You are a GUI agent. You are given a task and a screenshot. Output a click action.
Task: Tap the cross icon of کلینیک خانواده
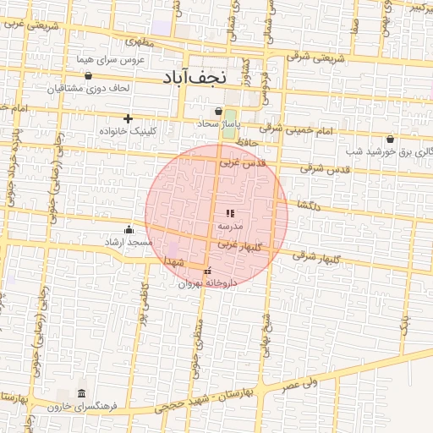(x=129, y=118)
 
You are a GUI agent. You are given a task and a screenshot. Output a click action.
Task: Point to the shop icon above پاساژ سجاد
(x=219, y=111)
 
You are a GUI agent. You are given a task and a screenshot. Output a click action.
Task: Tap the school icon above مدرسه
(x=230, y=214)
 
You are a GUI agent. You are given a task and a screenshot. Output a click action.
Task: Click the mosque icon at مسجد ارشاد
(x=129, y=229)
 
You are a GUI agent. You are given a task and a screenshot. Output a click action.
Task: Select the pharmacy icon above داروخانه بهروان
(x=208, y=271)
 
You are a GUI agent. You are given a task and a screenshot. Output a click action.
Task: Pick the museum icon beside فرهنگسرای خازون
(x=80, y=394)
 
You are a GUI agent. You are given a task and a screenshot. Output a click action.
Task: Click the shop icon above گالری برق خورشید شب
(x=390, y=139)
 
